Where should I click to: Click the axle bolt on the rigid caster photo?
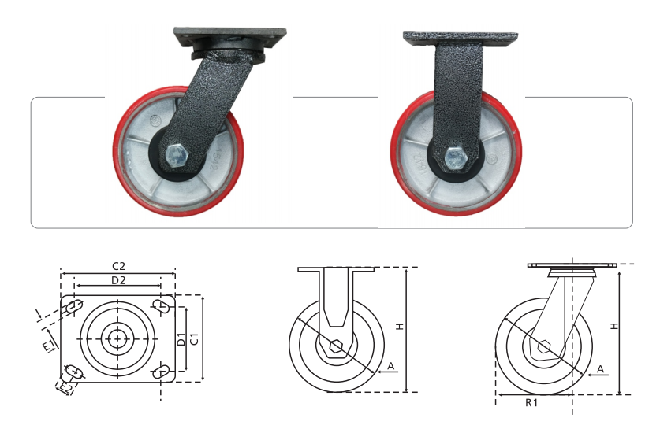[x=457, y=159]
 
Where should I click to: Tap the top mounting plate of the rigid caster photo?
[x=461, y=39]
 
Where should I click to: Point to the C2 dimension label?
[x=119, y=266]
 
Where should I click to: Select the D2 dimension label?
[x=119, y=280]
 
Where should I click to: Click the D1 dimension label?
[x=181, y=339]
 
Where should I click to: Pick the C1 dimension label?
[x=194, y=339]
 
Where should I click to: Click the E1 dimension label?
[x=49, y=346]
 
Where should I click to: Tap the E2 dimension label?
[x=65, y=388]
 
